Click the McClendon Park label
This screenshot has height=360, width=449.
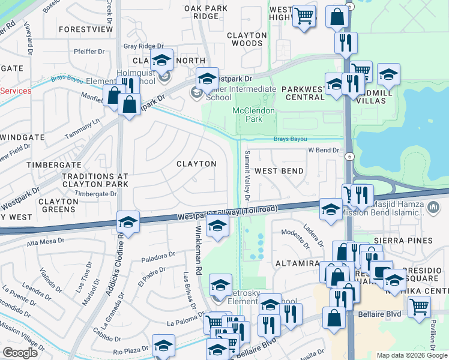tap(254, 115)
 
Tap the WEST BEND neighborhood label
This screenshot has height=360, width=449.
tap(279, 171)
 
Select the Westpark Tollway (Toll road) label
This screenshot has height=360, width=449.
tap(228, 213)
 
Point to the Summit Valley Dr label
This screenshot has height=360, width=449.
tap(247, 175)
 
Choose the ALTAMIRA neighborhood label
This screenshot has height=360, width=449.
tap(296, 263)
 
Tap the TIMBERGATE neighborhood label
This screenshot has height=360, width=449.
tap(55, 164)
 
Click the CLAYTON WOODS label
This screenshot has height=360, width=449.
tap(247, 40)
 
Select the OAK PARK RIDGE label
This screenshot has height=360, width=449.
tap(206, 12)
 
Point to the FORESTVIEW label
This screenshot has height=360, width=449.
tap(86, 29)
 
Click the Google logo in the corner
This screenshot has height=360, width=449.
tap(20, 353)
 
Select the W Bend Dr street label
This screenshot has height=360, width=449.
tap(324, 150)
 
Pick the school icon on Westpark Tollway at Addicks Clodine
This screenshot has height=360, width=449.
tap(128, 222)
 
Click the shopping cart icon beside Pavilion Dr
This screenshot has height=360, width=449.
tap(419, 307)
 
